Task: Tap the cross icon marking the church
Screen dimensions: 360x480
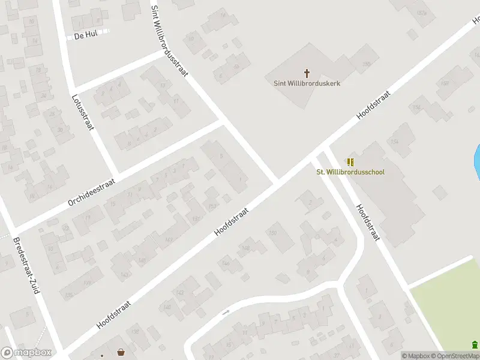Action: pyautogui.click(x=307, y=73)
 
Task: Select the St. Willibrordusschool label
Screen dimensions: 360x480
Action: pyautogui.click(x=350, y=172)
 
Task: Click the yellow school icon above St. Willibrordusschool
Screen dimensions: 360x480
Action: pyautogui.click(x=350, y=162)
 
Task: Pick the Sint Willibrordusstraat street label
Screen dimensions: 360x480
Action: pyautogui.click(x=170, y=41)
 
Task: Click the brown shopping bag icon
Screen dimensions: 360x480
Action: pyautogui.click(x=121, y=352)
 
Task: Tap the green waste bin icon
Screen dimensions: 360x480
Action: pyautogui.click(x=475, y=344)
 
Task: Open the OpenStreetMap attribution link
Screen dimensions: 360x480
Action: pyautogui.click(x=457, y=356)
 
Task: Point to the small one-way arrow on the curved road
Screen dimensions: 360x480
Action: pyautogui.click(x=226, y=312)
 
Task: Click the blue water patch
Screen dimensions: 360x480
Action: pyautogui.click(x=477, y=162)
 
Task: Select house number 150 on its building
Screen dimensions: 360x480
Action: pyautogui.click(x=272, y=233)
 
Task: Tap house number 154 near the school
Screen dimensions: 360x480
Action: pyautogui.click(x=394, y=142)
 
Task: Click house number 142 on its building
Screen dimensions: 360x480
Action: pyautogui.click(x=179, y=292)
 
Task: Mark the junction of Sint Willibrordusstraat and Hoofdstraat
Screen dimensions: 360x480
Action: pyautogui.click(x=277, y=181)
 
